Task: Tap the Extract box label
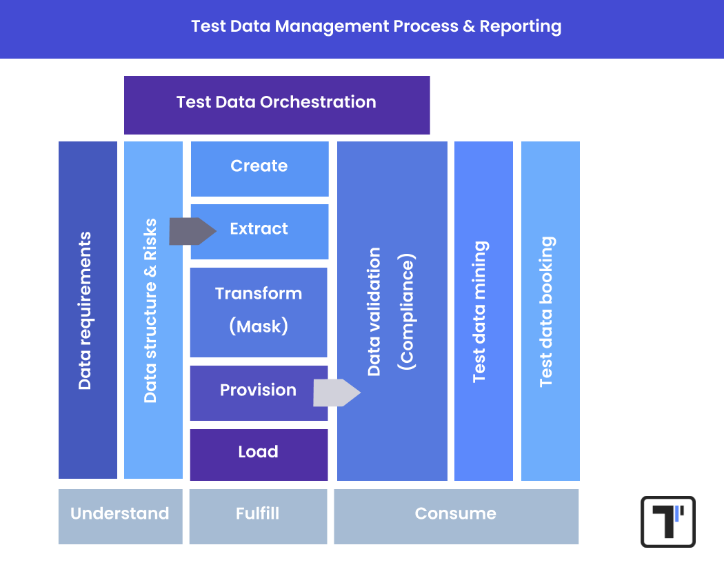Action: pyautogui.click(x=259, y=229)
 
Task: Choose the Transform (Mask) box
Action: pyautogui.click(x=259, y=312)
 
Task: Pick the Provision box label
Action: pyautogui.click(x=258, y=390)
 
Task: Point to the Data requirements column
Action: pyautogui.click(x=88, y=310)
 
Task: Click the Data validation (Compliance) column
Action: pyautogui.click(x=392, y=310)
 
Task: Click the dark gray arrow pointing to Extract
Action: pyautogui.click(x=192, y=231)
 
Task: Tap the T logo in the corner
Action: pyautogui.click(x=667, y=522)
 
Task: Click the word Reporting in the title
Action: pyautogui.click(x=521, y=27)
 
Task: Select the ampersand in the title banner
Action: pyautogui.click(x=469, y=27)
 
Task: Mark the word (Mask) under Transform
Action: pyautogui.click(x=259, y=326)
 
